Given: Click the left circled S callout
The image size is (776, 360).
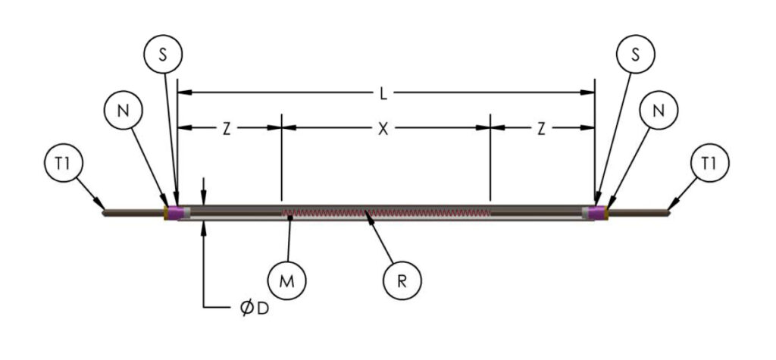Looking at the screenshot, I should [x=164, y=54].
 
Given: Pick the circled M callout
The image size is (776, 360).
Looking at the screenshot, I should [x=287, y=280].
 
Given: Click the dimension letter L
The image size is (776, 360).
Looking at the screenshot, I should [x=384, y=94].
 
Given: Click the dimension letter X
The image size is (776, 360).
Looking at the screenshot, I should [x=384, y=129].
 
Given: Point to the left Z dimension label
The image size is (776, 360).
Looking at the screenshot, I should [x=227, y=129].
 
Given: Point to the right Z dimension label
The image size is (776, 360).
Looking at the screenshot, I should [x=541, y=129].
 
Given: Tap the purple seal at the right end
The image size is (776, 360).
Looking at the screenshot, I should [x=598, y=211].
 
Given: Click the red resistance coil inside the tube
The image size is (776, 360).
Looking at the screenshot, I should [x=386, y=213].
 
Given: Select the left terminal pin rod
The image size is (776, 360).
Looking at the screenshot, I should [x=133, y=212].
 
